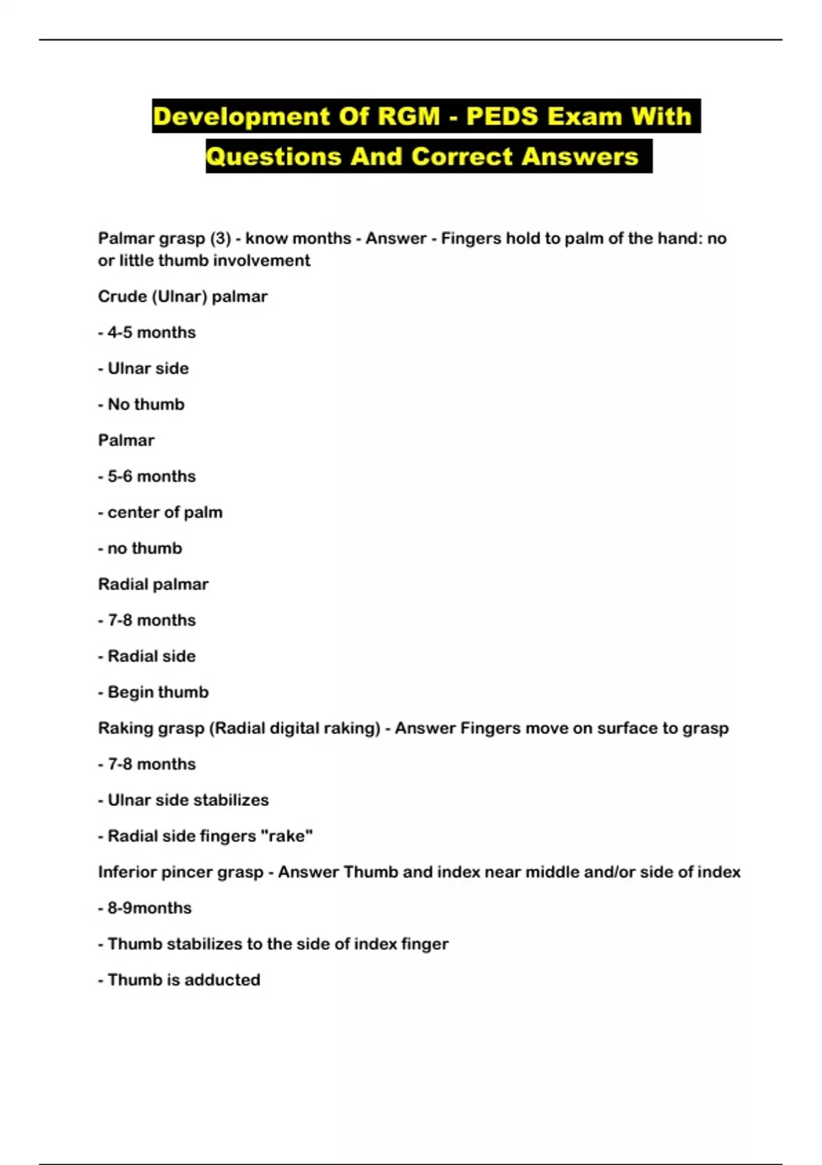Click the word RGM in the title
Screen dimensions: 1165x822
coord(408,116)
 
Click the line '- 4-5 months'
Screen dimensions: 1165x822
coord(147,332)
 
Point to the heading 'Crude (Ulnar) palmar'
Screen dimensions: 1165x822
coord(182,297)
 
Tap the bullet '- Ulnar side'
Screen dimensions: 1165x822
coord(143,369)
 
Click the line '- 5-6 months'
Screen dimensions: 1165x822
coord(147,476)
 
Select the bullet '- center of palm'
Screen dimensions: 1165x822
coord(160,513)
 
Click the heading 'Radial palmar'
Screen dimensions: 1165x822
coord(153,585)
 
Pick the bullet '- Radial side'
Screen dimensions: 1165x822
coord(147,657)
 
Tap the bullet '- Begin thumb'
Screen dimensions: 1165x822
coord(153,692)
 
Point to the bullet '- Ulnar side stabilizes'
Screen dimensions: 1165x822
coord(183,800)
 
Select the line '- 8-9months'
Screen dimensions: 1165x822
coord(145,908)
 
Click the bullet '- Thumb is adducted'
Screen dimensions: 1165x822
coord(179,980)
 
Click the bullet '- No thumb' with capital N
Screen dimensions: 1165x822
coord(141,404)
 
